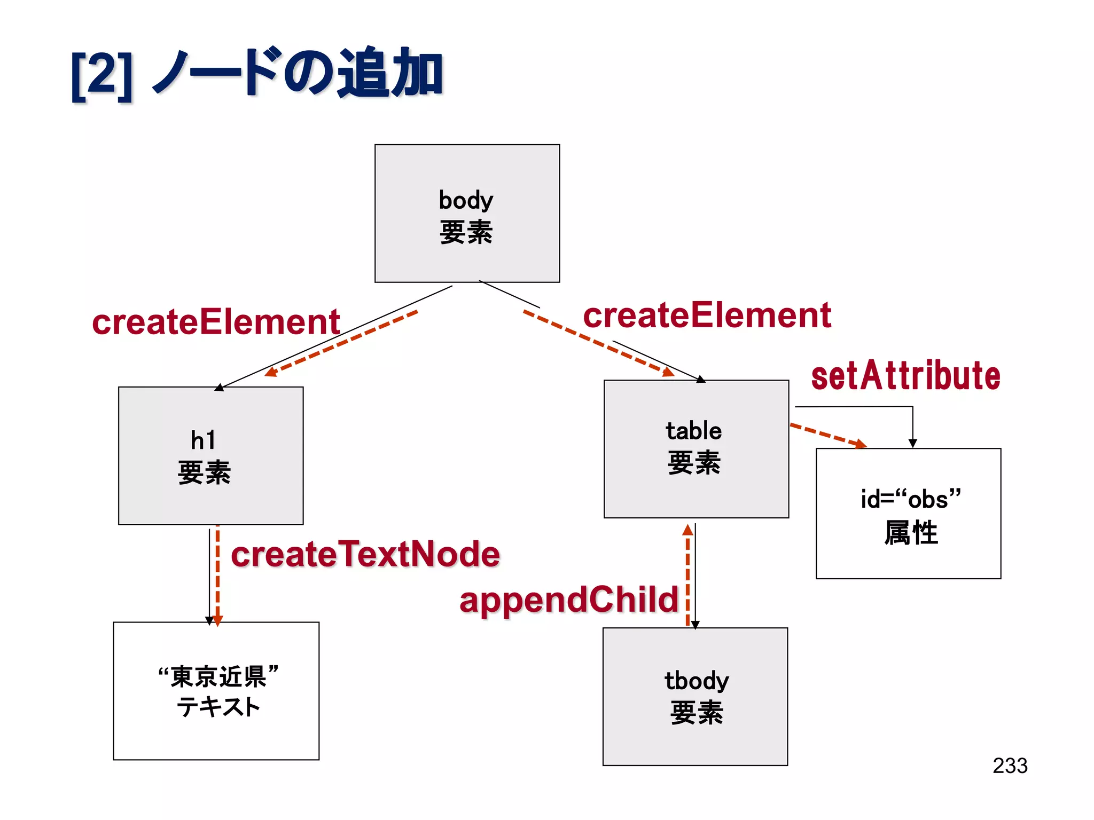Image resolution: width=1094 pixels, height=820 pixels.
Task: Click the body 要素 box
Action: [x=467, y=214]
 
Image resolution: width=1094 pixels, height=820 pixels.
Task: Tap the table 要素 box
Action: [x=696, y=449]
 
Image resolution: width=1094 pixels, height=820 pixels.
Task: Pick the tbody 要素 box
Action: [x=695, y=696]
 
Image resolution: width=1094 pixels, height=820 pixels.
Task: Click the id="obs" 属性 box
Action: [x=908, y=513]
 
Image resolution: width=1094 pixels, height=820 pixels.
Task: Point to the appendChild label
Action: [x=568, y=600]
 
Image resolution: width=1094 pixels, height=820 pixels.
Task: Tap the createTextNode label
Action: [x=365, y=554]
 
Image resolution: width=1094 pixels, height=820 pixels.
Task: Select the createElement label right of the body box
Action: [x=707, y=315]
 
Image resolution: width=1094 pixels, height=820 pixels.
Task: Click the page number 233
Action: [x=1010, y=766]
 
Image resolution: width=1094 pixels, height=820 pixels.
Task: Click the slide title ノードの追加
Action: [x=299, y=74]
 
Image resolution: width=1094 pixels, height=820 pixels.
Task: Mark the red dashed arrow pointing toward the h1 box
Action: [x=342, y=343]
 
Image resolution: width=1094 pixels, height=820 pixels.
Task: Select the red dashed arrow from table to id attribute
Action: [x=828, y=436]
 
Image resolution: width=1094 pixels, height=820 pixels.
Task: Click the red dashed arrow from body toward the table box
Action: [x=598, y=343]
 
